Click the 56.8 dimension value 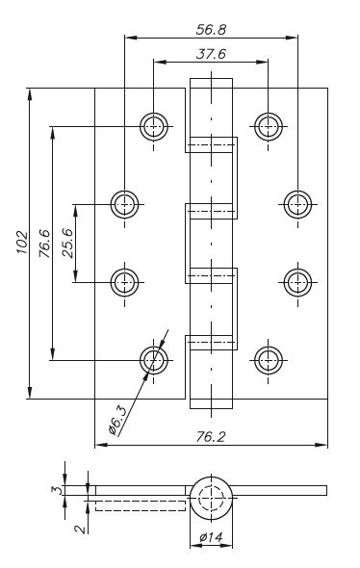pyautogui.click(x=211, y=29)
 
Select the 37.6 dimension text pyautogui.click(x=211, y=54)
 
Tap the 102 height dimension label pyautogui.click(x=22, y=242)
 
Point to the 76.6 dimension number pyautogui.click(x=45, y=243)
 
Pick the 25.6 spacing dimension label pyautogui.click(x=67, y=243)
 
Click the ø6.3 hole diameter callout pyautogui.click(x=117, y=420)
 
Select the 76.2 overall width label pyautogui.click(x=211, y=437)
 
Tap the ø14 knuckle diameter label pyautogui.click(x=211, y=537)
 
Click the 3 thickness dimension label pyautogui.click(x=57, y=490)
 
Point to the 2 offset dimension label pyautogui.click(x=81, y=529)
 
